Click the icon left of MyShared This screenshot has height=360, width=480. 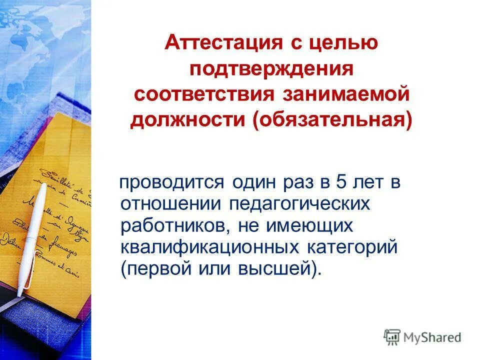392,337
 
